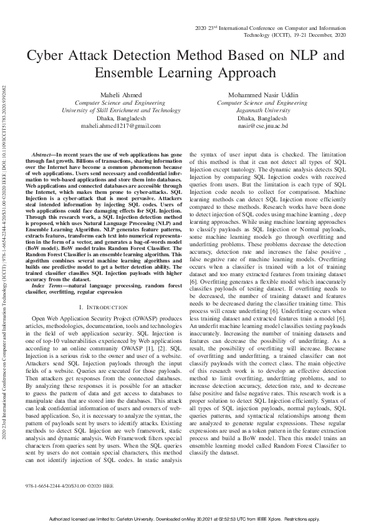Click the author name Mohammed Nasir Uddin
pos(262,93)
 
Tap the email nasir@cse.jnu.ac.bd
pos(262,125)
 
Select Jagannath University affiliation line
pos(262,109)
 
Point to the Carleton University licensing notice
pos(185,519)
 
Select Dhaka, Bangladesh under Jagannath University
pos(262,117)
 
